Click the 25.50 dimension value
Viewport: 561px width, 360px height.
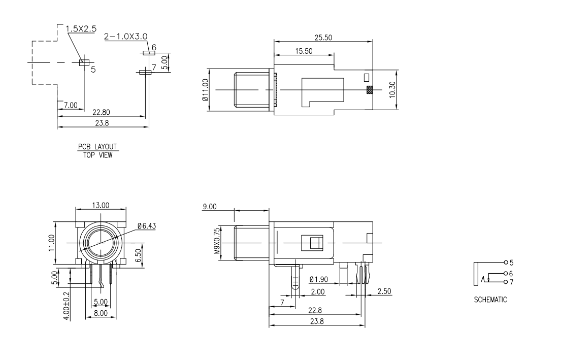tap(323, 37)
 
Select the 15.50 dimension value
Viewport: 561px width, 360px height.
tap(304, 51)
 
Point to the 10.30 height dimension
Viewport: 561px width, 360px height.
tap(392, 89)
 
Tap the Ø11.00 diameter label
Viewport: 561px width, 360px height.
tap(205, 90)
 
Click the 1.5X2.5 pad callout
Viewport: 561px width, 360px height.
tap(81, 28)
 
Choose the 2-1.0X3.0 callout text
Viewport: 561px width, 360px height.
tap(125, 37)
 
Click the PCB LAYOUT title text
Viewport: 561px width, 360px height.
tap(97, 147)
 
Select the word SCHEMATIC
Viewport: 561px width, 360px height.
tap(490, 300)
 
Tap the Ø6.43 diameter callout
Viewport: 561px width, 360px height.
tap(147, 226)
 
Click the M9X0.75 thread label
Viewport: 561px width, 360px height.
tap(217, 241)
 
